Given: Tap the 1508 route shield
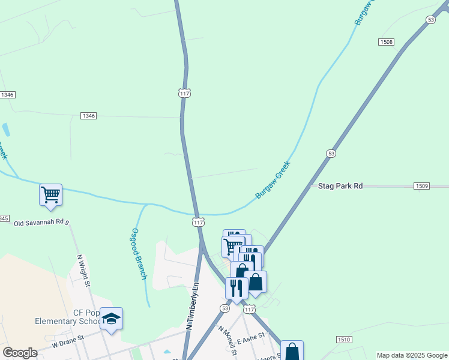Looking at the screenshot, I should coord(386,41).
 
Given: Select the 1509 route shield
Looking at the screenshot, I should coord(421,186).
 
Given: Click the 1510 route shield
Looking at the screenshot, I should coord(344,340).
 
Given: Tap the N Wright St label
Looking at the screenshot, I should coord(83,270).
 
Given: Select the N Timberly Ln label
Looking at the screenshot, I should coord(192,306).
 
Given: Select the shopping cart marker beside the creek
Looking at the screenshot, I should coord(51,194).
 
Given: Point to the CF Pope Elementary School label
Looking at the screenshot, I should coord(67,317).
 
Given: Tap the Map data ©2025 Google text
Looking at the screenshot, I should coord(411,355).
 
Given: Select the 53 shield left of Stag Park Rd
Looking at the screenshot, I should coord(331,154).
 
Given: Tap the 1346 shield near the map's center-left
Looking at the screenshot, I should coord(88,115).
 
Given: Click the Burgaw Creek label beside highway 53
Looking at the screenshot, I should coord(273,180).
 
